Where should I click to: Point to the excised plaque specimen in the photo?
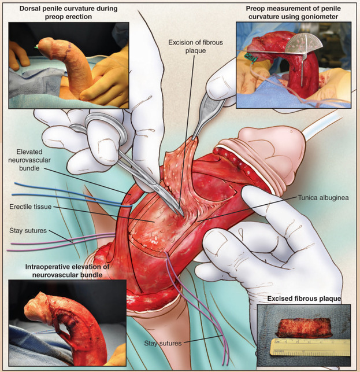tap(304, 327)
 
